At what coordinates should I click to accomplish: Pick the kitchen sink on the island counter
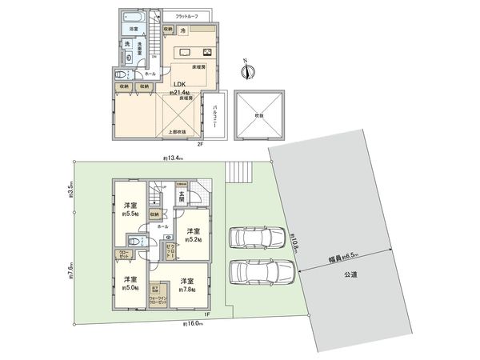point(185,53)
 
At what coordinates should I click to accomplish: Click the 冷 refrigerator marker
point(182,31)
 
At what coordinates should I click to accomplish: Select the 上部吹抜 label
point(177,132)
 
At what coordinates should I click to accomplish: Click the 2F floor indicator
point(202,144)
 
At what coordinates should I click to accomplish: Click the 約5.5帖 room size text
point(129,215)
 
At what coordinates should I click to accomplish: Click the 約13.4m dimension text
point(174,158)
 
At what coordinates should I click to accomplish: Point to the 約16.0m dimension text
point(193,324)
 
